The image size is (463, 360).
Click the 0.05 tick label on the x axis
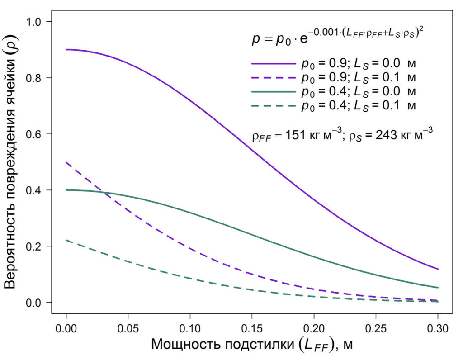point(128,327)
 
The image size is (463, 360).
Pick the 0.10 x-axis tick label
point(190,327)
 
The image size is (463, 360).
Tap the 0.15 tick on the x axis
point(252,327)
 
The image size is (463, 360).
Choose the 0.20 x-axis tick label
point(314,327)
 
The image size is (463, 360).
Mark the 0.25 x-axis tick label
point(376,327)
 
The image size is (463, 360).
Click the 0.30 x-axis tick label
point(438,327)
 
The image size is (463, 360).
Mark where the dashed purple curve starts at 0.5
point(66,162)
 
